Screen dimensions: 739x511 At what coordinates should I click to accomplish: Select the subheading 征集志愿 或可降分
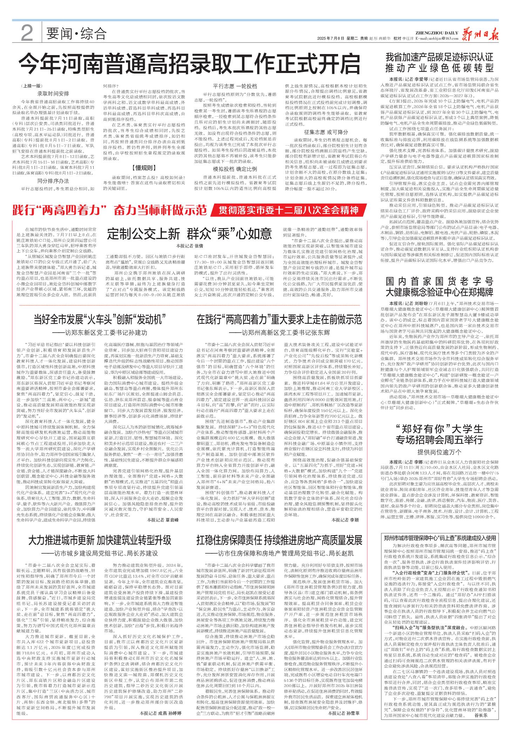326,132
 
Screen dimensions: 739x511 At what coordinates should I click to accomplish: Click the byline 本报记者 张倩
190,246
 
